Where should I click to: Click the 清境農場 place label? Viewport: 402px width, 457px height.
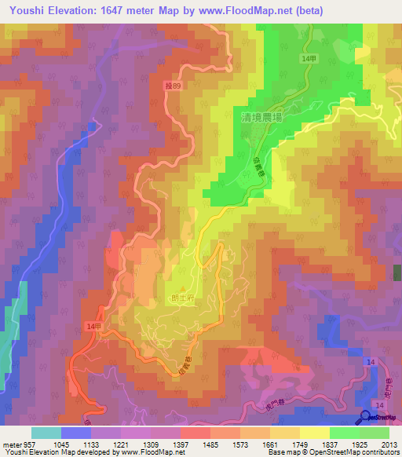click(x=261, y=115)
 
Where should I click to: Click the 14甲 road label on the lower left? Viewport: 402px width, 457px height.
click(x=95, y=326)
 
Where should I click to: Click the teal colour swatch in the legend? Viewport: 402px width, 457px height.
click(x=46, y=433)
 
